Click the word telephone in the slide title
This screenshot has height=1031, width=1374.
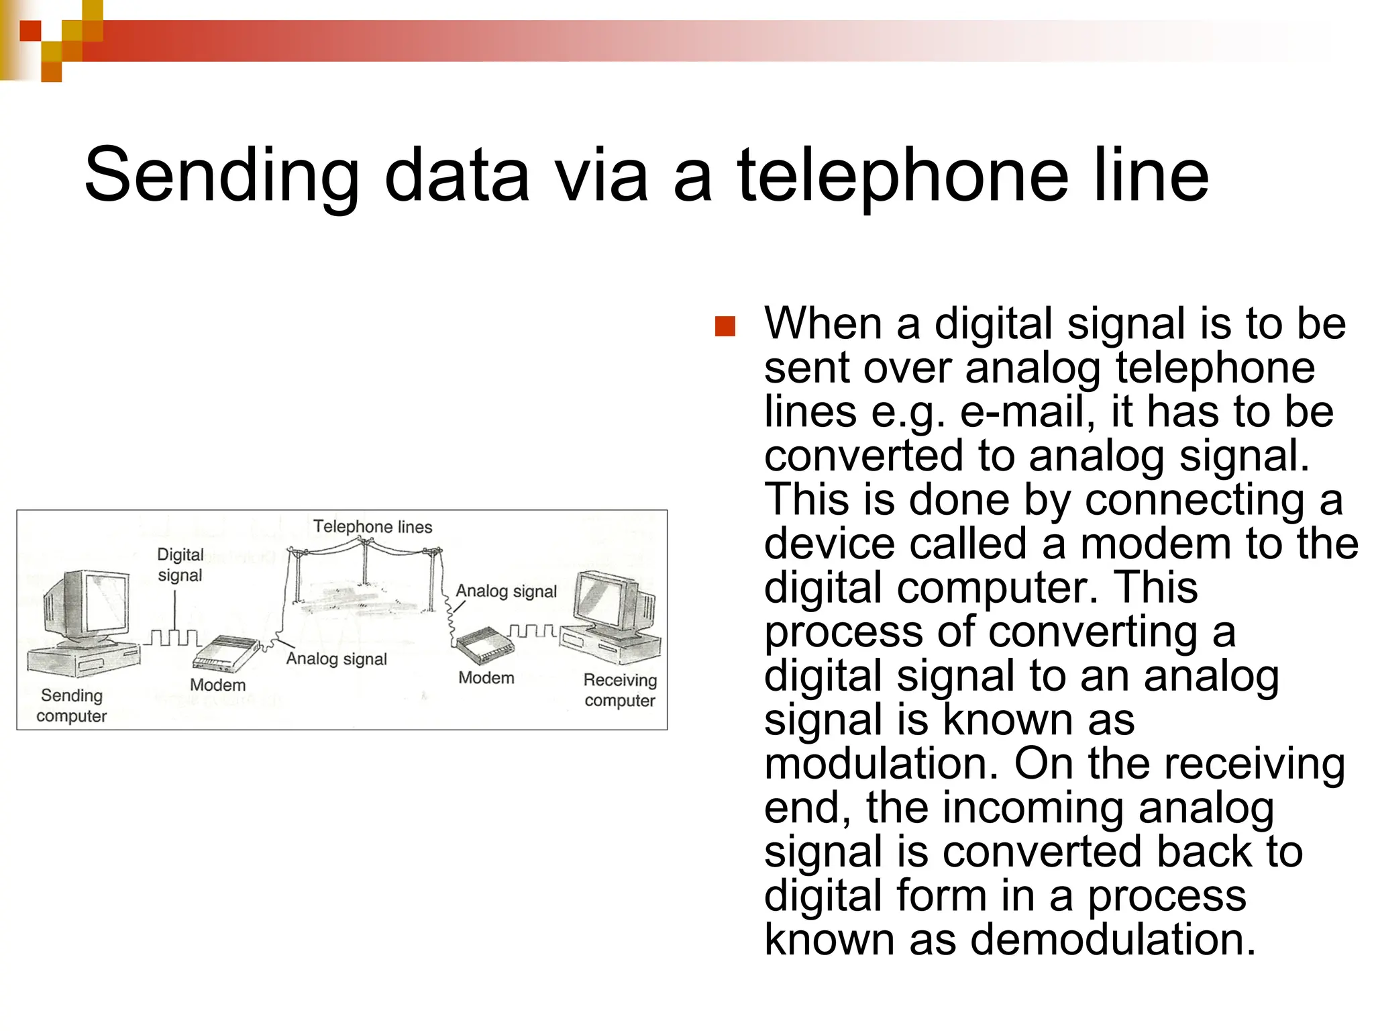902,176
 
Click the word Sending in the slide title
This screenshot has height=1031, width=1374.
221,176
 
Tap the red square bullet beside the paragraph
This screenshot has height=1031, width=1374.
725,327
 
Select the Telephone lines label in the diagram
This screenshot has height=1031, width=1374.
372,527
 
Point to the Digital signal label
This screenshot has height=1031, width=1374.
180,564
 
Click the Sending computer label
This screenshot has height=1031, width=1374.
71,705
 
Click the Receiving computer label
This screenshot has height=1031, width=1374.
620,690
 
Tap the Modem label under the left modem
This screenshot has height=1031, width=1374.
217,685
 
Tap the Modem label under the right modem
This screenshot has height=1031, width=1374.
486,678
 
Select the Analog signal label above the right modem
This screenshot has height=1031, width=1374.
507,591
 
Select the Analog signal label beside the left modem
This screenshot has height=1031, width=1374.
336,659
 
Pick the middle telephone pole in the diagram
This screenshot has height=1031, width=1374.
364,564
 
